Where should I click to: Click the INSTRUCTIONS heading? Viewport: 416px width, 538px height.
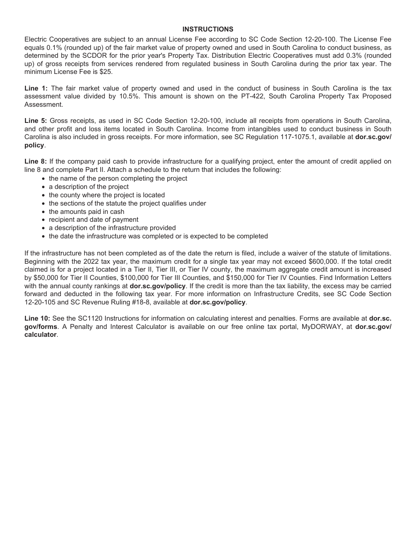208,29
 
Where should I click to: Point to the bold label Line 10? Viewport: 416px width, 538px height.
37,318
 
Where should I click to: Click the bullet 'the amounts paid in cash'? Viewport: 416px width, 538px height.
86,212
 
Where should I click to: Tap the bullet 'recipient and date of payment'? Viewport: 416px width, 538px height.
93,220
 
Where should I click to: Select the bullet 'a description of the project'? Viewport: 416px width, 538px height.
88,187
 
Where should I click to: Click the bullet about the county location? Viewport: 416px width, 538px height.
106,195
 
